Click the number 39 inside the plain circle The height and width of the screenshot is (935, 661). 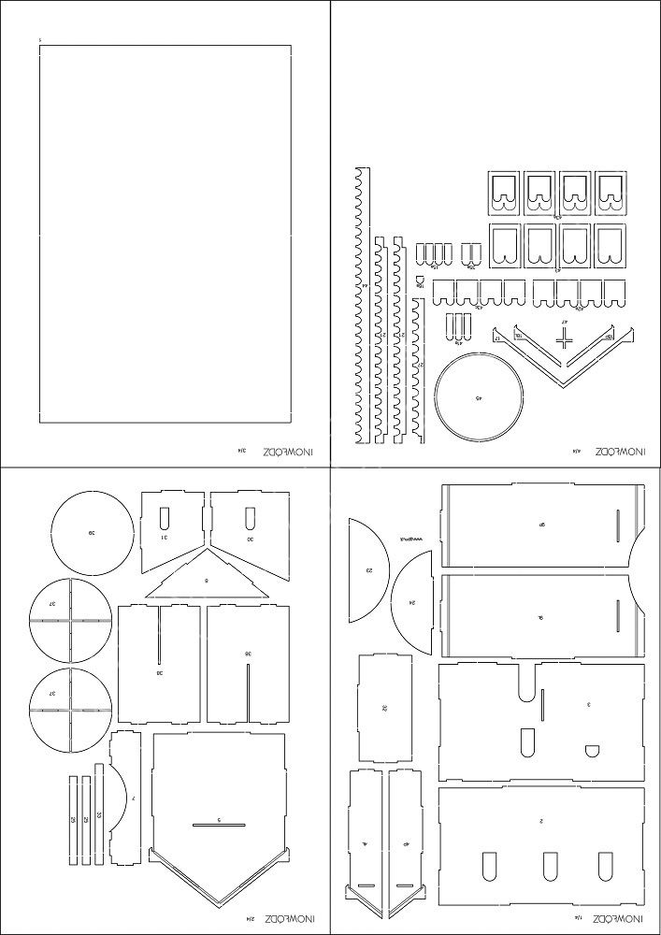tap(92, 533)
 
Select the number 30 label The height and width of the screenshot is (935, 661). tap(251, 539)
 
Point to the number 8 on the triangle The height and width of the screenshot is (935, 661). tap(207, 581)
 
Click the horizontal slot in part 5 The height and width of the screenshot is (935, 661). tap(219, 824)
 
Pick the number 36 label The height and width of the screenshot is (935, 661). tap(247, 654)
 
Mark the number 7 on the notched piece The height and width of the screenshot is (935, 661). tap(135, 798)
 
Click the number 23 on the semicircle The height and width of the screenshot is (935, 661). tap(369, 570)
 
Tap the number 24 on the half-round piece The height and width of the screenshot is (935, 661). tap(412, 603)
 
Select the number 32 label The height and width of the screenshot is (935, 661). tap(384, 708)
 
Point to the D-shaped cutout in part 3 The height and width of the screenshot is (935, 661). tap(591, 750)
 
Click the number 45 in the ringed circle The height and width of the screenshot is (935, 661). tap(479, 398)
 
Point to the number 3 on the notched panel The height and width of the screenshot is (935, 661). tap(588, 704)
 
